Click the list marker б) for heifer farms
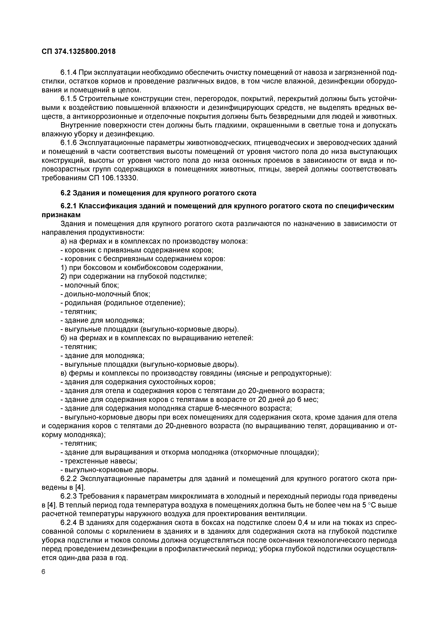tap(64, 338)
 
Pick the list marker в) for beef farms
tap(64, 373)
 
